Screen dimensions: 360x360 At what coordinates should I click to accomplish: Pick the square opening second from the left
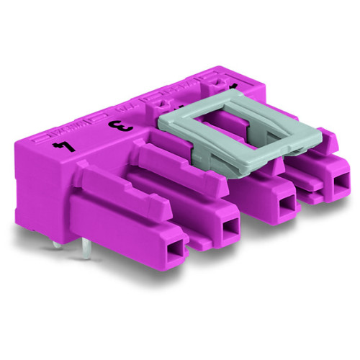(x=230, y=229)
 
